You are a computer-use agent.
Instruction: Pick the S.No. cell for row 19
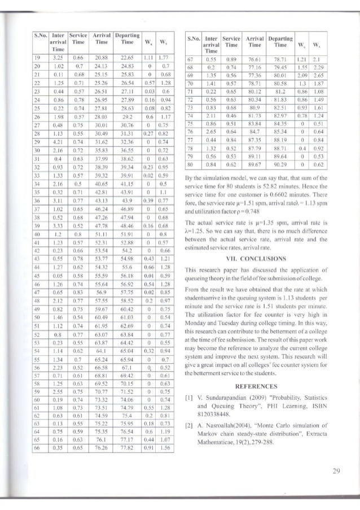36,58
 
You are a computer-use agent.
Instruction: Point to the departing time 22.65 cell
128,58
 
